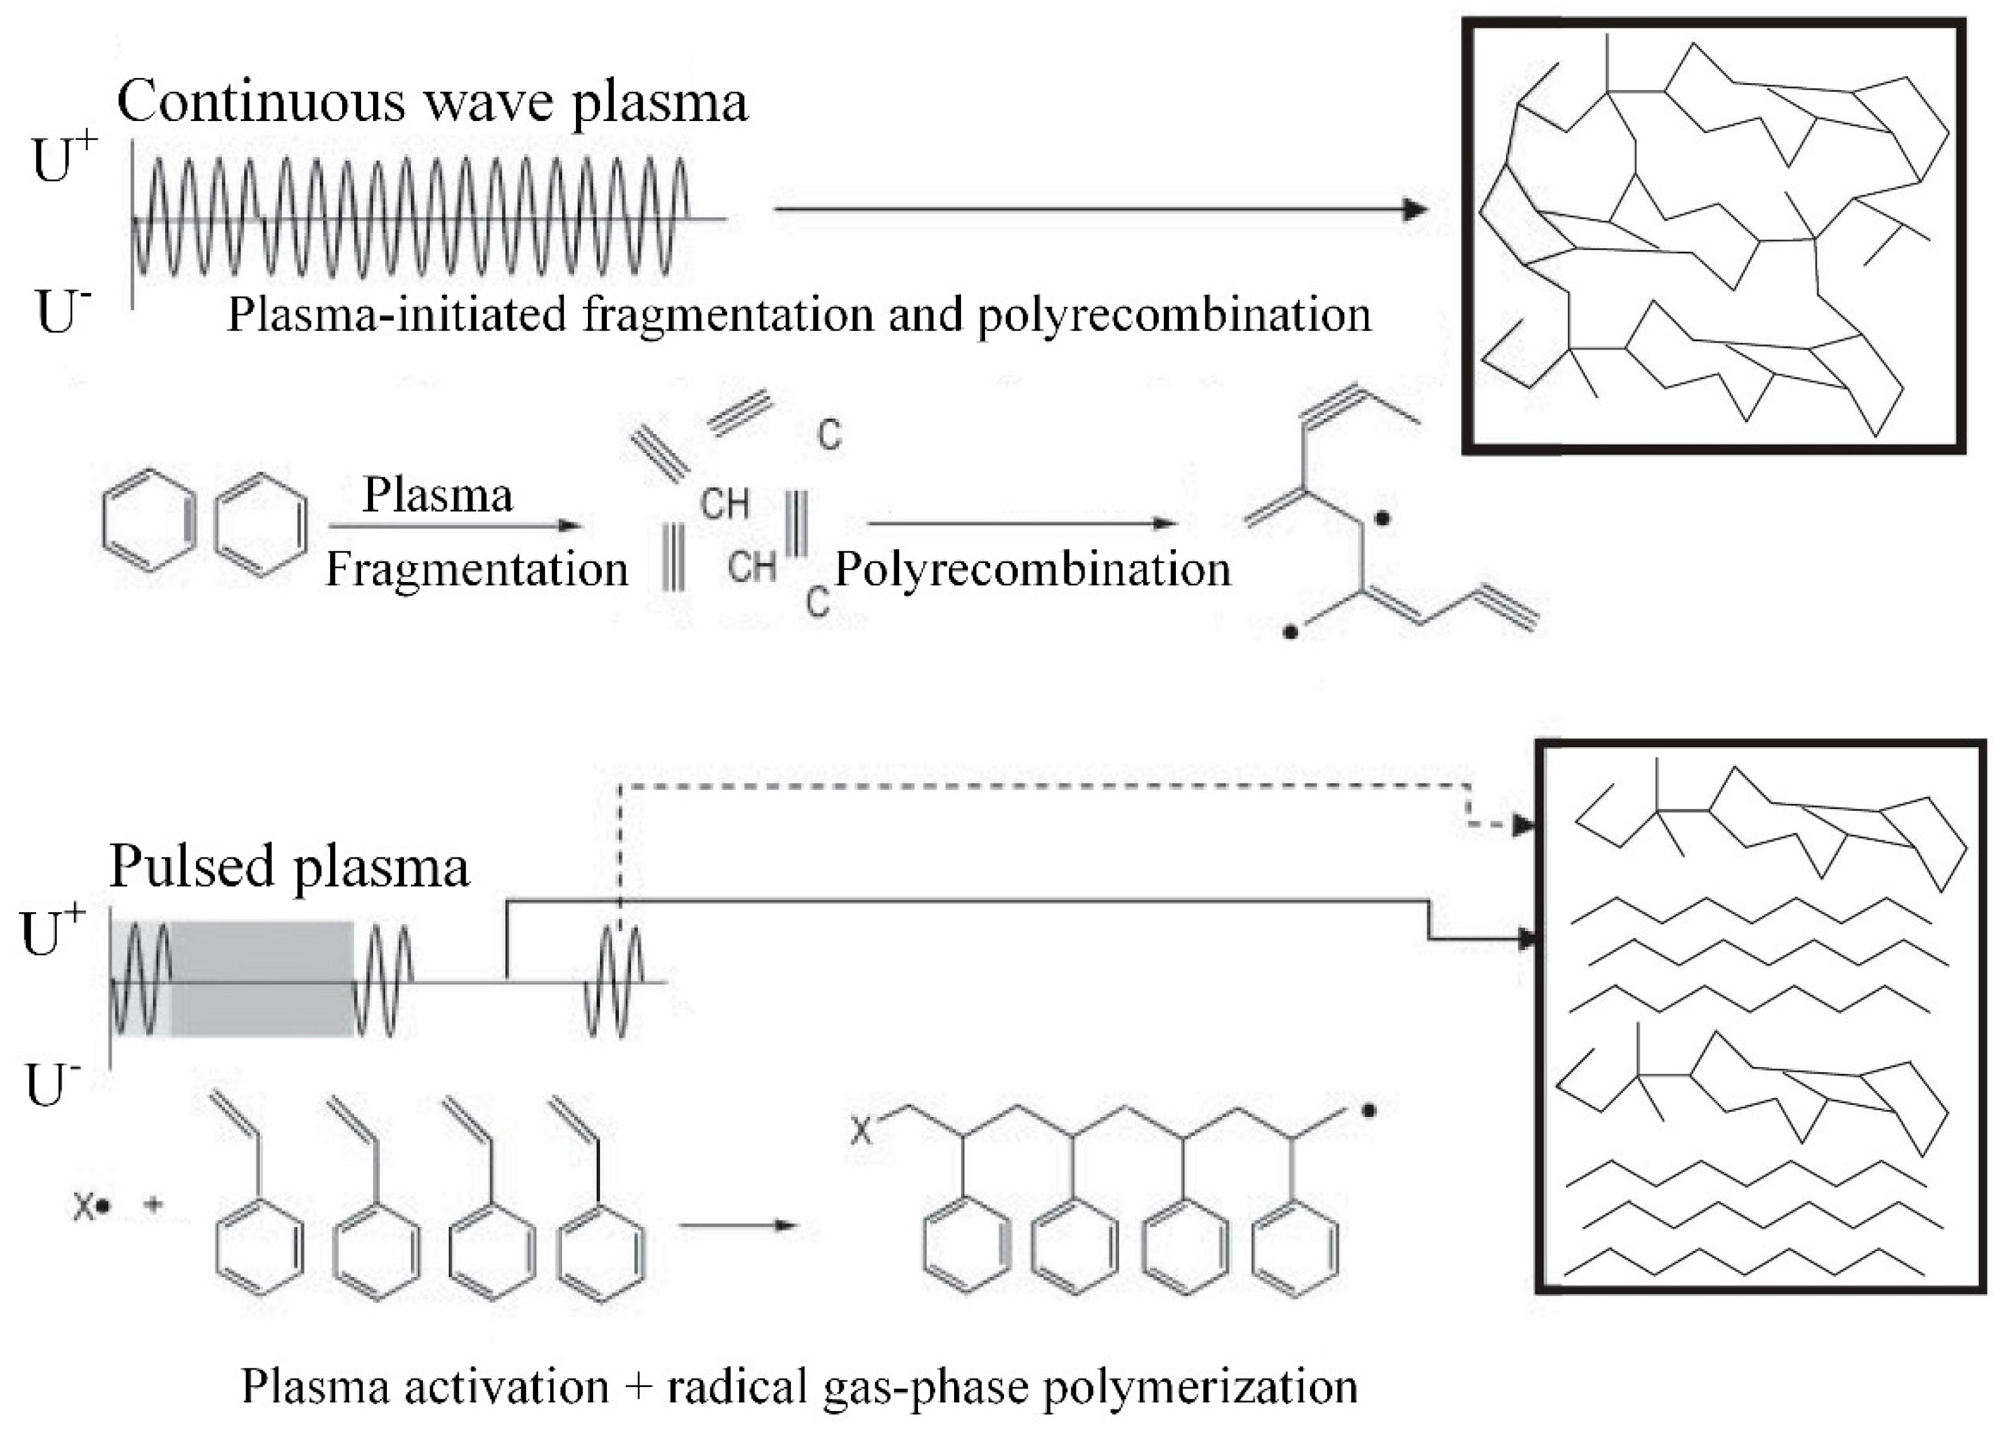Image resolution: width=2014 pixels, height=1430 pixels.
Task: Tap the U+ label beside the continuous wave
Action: (64, 159)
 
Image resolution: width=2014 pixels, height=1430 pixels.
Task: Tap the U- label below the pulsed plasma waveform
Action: (53, 1085)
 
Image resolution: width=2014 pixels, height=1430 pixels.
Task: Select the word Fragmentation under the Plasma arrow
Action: (476, 569)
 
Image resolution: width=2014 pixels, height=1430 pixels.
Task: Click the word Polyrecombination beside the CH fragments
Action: (1032, 569)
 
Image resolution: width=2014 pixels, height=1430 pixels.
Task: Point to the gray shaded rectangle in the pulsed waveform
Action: (261, 978)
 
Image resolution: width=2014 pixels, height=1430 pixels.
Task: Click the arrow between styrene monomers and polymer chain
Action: (737, 1225)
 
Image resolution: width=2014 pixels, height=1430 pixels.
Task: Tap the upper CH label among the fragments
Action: (724, 505)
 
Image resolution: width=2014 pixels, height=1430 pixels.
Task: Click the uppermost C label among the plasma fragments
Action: (829, 435)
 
